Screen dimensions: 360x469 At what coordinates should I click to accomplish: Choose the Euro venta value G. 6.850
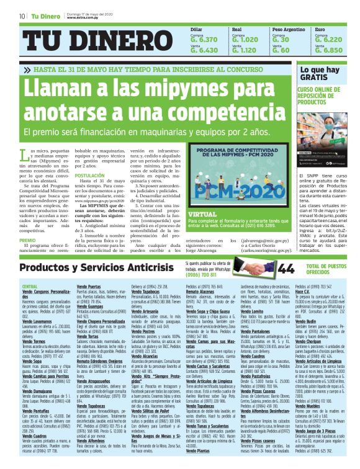tap(329, 50)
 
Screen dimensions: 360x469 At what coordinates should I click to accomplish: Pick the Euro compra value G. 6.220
tap(329, 40)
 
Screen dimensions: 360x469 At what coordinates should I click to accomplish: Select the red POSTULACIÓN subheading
tap(89, 176)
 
